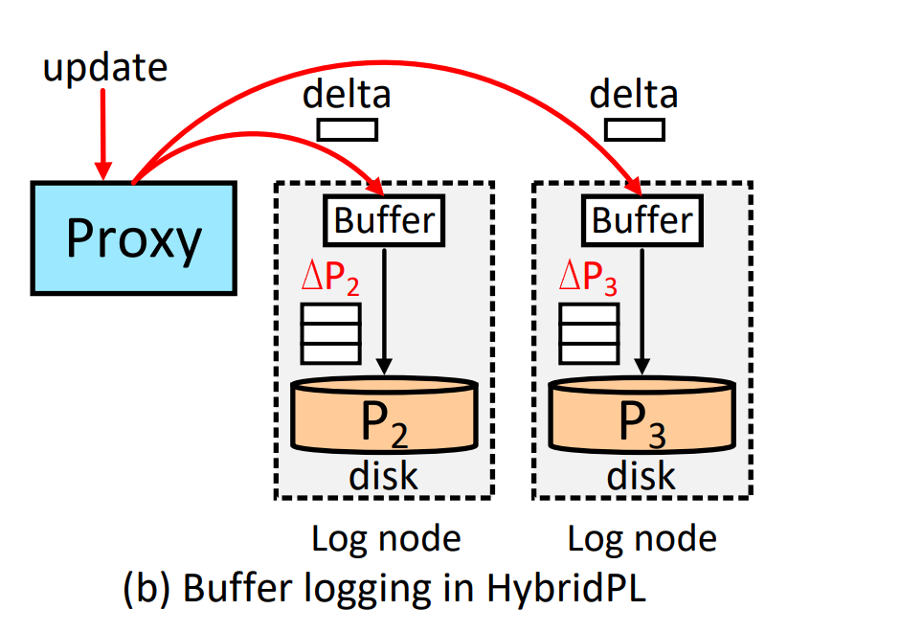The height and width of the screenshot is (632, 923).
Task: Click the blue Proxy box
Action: coord(133,237)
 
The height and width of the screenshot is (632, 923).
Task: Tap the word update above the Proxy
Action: coord(105,68)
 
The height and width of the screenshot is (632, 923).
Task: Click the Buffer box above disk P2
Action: coord(384,219)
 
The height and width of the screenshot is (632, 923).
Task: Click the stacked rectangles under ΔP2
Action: coord(331,333)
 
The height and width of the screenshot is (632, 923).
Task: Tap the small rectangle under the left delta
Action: coord(347,129)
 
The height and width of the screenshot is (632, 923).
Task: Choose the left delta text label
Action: coord(347,95)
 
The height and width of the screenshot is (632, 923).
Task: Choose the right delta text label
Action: coord(634,95)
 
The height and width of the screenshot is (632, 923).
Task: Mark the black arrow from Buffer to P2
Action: coord(384,306)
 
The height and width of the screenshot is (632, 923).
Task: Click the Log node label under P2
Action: coord(386,539)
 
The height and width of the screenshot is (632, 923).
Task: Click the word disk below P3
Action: coord(642,476)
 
